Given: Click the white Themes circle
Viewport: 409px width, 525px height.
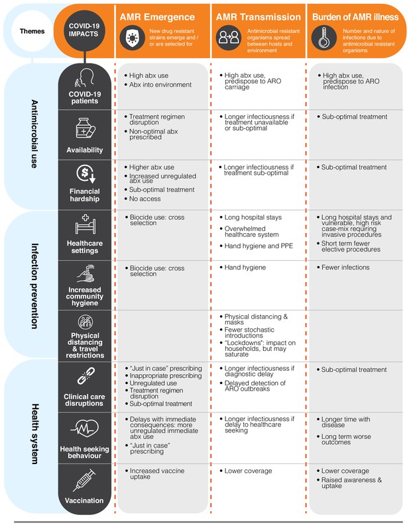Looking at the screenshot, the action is click(32, 31).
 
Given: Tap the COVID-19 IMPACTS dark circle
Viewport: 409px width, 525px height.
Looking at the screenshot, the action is click(84, 30).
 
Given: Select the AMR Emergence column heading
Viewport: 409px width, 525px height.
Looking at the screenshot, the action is click(157, 17).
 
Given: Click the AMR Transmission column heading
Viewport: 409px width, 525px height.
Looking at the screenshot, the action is click(258, 17).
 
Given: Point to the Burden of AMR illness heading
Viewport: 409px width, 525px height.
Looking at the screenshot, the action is click(355, 17).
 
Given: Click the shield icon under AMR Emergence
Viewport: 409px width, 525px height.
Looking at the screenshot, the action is click(133, 38).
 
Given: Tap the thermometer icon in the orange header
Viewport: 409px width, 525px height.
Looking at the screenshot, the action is click(324, 38).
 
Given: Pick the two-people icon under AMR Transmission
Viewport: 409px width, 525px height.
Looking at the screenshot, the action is click(228, 38).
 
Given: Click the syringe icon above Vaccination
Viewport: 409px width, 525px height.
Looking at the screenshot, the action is click(84, 480).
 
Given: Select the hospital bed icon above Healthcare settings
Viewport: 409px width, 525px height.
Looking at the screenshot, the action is click(85, 224).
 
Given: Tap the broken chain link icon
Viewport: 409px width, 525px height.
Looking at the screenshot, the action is click(86, 375).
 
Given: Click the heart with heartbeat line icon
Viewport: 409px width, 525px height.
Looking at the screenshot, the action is click(85, 428).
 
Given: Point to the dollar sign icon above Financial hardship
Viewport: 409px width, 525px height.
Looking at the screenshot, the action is click(86, 174).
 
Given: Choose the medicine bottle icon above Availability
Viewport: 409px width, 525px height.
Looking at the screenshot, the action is click(86, 128).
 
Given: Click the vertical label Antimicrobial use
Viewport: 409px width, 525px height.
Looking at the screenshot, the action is click(34, 134).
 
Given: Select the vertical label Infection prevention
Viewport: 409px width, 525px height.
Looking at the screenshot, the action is click(34, 286).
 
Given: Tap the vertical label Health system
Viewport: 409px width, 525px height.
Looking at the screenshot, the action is click(35, 434).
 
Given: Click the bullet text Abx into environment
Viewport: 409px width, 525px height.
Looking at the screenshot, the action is click(160, 85).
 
